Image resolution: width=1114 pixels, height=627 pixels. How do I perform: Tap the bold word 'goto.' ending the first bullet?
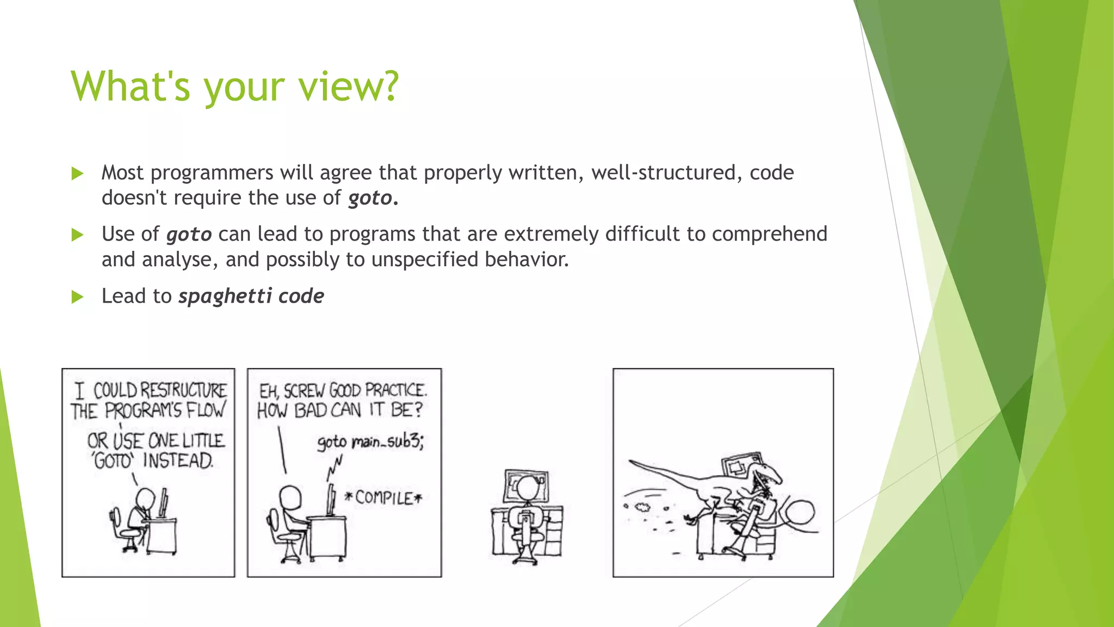(373, 198)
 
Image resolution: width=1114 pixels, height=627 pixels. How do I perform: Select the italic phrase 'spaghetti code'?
(251, 297)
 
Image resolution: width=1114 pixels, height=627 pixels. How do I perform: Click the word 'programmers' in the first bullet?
(212, 173)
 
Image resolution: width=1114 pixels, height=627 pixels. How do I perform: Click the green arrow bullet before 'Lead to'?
(77, 297)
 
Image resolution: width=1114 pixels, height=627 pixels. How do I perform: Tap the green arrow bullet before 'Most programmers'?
(77, 174)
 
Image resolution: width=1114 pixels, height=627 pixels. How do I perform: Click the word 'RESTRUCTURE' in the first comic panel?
(184, 390)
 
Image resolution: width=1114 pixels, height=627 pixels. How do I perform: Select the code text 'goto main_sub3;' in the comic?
(370, 441)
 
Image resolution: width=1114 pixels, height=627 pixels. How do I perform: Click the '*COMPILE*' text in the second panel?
(383, 498)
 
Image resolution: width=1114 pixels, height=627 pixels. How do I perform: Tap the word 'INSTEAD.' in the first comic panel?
(178, 461)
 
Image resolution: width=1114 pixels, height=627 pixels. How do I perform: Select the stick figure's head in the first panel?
(145, 497)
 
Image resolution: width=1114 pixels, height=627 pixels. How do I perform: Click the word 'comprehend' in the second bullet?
(769, 235)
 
